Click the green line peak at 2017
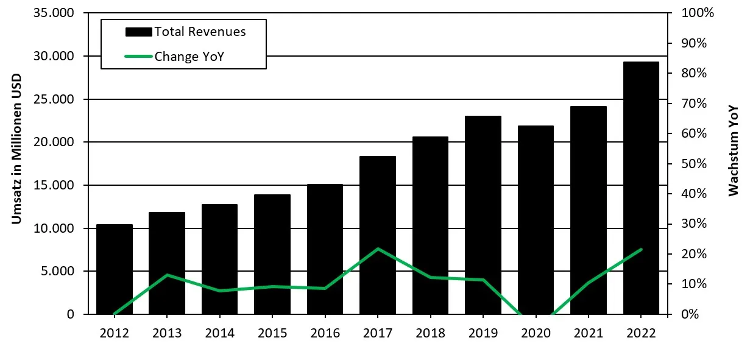378,249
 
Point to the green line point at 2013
167,275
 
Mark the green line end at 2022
641,249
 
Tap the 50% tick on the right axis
690,164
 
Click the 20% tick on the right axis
690,254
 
